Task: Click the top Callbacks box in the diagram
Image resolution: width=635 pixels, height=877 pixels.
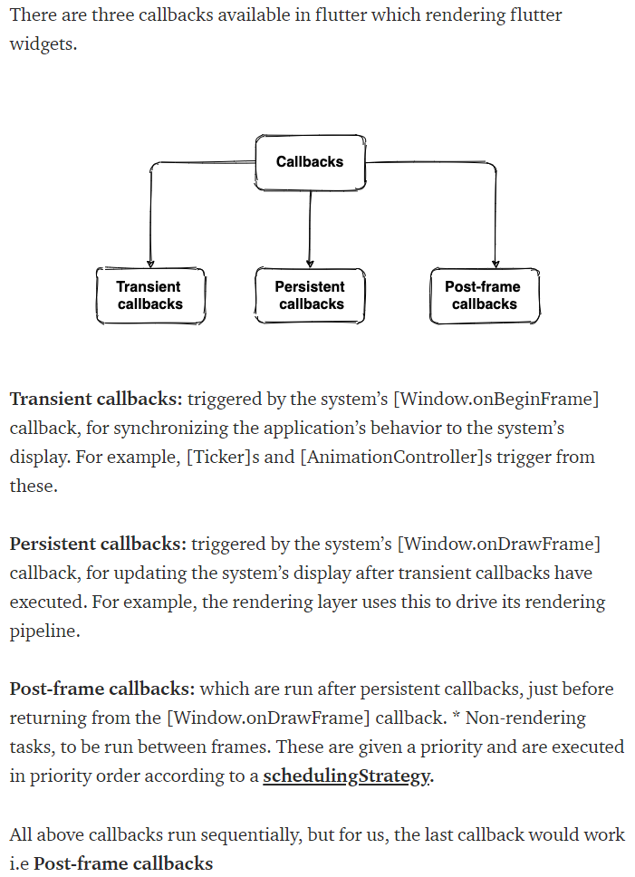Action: [x=310, y=162]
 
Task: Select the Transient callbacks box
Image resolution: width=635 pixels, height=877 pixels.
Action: [x=150, y=295]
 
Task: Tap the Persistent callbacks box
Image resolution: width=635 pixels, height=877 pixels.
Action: [x=311, y=295]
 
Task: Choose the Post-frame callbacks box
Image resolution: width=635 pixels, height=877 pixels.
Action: [x=484, y=295]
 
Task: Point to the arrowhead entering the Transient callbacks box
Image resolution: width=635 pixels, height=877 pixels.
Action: [x=150, y=263]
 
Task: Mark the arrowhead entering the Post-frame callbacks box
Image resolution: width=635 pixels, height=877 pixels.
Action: [x=495, y=263]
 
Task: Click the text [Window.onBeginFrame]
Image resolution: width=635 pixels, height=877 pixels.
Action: [x=497, y=399]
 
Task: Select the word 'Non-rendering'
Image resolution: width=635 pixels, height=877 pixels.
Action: [x=525, y=718]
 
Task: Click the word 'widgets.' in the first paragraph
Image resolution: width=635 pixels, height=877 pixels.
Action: [x=43, y=43]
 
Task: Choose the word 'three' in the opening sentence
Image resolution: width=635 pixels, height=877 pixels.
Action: [x=115, y=14]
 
